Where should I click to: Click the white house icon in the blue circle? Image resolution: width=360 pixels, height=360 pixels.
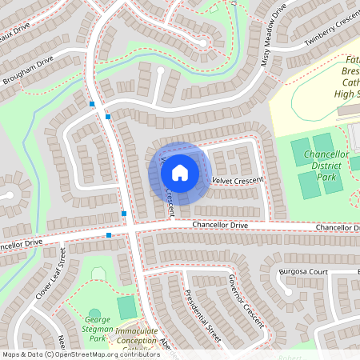click(180, 172)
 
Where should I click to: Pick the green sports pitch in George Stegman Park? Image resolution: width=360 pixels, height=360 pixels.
click(126, 306)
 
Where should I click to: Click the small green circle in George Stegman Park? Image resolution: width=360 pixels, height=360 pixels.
click(95, 314)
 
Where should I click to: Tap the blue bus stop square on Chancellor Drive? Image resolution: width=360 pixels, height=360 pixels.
click(109, 235)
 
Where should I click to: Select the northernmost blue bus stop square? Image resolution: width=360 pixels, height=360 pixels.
click(92, 104)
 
